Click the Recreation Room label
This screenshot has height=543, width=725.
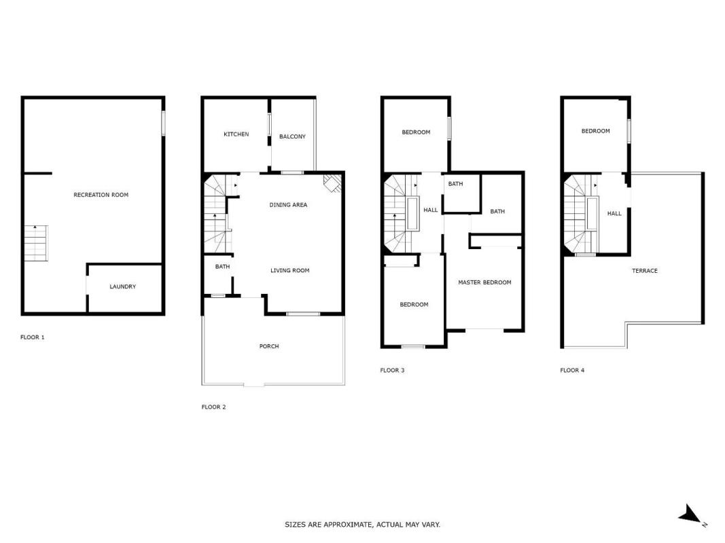101,195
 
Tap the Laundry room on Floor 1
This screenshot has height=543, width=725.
124,288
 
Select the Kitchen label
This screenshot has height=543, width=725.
236,134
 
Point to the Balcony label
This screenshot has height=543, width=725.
292,136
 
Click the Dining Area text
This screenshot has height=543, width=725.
288,205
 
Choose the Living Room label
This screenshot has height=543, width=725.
290,271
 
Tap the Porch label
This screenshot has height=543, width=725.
269,346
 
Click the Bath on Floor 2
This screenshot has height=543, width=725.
218,275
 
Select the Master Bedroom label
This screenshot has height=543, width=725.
484,282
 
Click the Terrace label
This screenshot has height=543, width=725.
645,271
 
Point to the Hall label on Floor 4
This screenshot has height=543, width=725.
614,214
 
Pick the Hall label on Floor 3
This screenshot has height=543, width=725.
431,210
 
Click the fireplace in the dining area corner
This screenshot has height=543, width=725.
332,183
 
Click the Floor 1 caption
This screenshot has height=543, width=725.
33,337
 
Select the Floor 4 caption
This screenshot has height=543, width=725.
572,371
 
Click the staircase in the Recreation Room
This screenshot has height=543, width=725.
35,244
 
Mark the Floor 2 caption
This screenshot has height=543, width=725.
213,407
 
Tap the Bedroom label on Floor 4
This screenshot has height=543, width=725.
595,131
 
